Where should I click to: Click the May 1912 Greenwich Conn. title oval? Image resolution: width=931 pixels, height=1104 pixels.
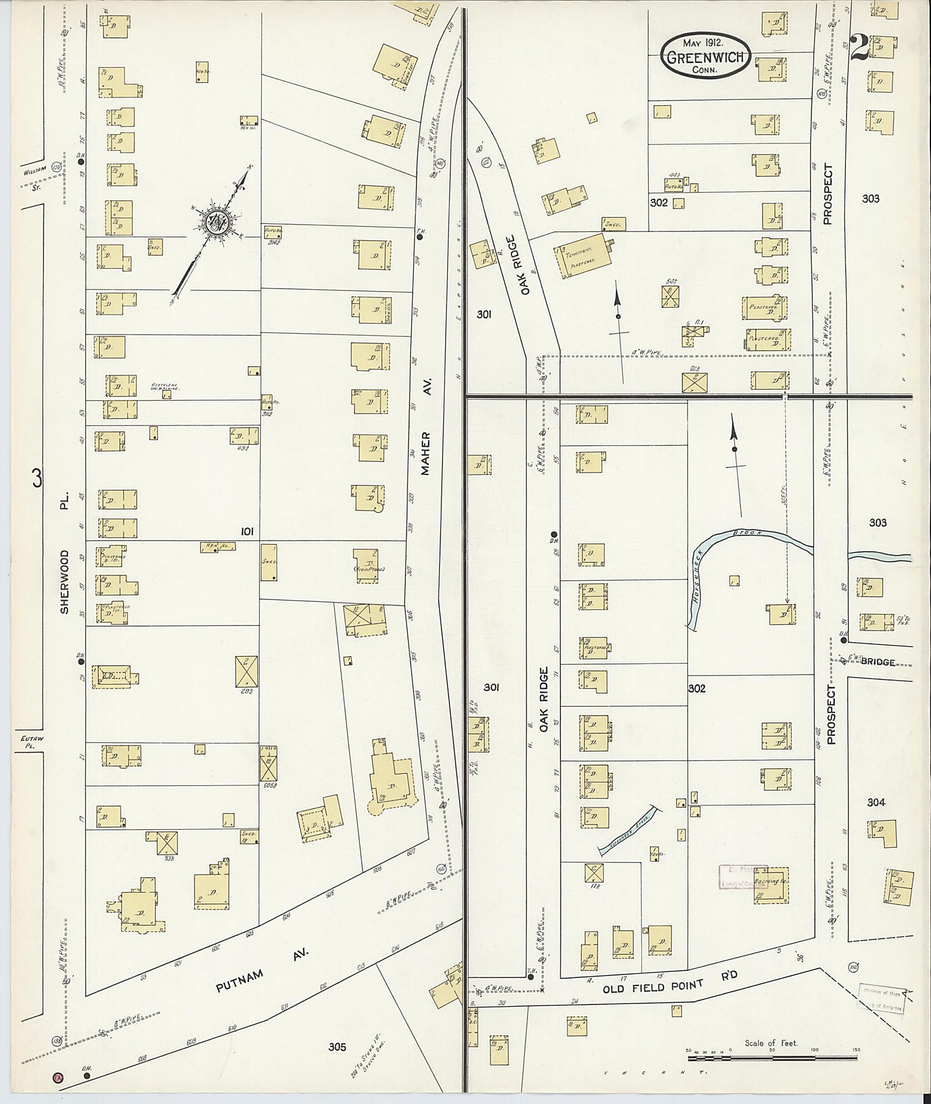coord(706,56)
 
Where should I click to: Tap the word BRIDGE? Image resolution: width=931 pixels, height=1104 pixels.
coord(878,662)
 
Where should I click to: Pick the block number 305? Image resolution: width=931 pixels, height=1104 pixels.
coord(337,1046)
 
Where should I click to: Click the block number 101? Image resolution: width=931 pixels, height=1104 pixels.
coord(247,531)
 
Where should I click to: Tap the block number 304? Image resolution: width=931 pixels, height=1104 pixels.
coord(875,802)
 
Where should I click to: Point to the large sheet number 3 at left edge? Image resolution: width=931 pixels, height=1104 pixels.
coord(37,479)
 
